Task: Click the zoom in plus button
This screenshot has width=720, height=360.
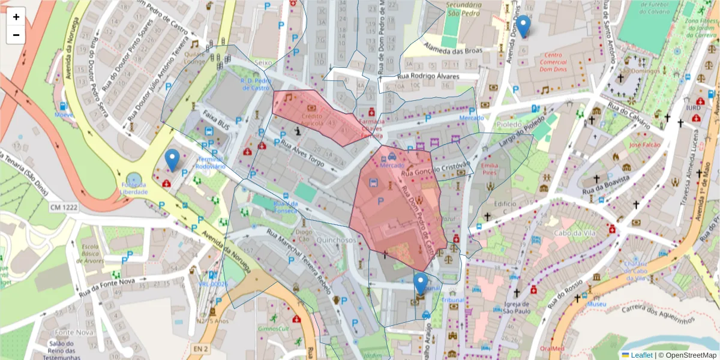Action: click(16, 17)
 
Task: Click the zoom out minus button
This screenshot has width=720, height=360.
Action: click(16, 35)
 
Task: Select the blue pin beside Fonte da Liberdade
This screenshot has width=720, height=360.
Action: click(172, 160)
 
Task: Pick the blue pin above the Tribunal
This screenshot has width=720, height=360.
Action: click(421, 284)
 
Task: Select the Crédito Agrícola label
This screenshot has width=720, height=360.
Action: click(312, 119)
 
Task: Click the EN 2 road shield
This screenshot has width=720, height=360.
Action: click(201, 348)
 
